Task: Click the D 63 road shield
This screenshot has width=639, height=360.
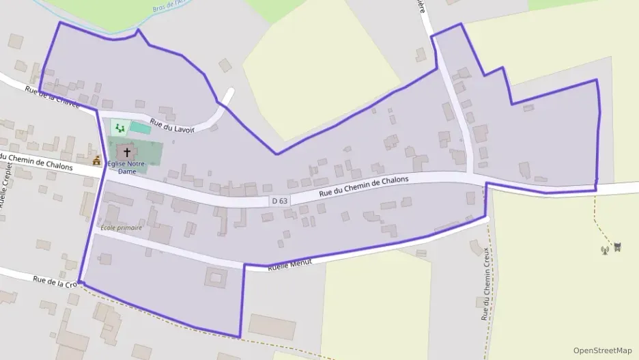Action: click(x=280, y=201)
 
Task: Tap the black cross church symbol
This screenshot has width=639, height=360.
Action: click(x=127, y=152)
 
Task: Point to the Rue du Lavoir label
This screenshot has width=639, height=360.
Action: click(x=173, y=124)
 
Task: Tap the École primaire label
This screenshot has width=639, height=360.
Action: click(x=121, y=227)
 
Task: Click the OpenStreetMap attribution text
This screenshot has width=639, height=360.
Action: click(x=602, y=350)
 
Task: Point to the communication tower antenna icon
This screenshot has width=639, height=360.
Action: click(x=604, y=249)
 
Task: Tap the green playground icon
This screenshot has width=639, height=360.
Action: click(x=120, y=127)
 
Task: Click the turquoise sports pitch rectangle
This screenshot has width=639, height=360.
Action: click(x=141, y=128)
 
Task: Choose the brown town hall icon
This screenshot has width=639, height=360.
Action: click(x=97, y=161)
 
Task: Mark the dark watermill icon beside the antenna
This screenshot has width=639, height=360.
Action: click(x=617, y=247)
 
